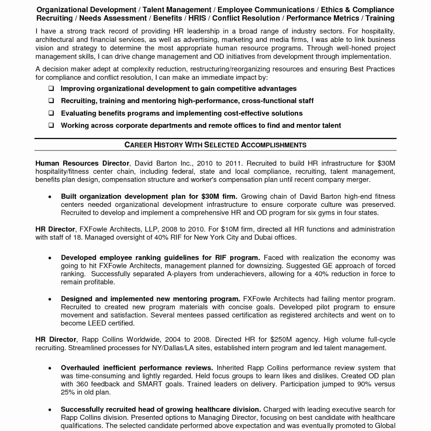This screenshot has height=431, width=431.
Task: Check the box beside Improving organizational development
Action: [x=51, y=89]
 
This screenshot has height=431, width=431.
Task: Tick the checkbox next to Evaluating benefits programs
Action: [x=51, y=113]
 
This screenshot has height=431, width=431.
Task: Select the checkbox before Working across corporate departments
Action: [x=51, y=125]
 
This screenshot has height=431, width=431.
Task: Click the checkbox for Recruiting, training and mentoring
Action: [x=51, y=101]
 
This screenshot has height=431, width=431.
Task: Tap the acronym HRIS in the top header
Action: [x=197, y=18]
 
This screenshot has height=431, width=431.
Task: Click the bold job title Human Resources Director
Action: [x=82, y=163]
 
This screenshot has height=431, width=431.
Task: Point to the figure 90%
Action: [x=365, y=384]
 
